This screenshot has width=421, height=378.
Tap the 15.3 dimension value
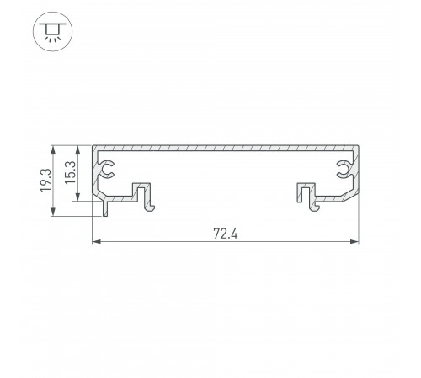click(72, 173)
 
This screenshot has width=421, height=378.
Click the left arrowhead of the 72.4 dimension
click(95, 244)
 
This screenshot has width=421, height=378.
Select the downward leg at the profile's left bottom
click(105, 207)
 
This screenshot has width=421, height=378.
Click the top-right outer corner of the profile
click(360, 146)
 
